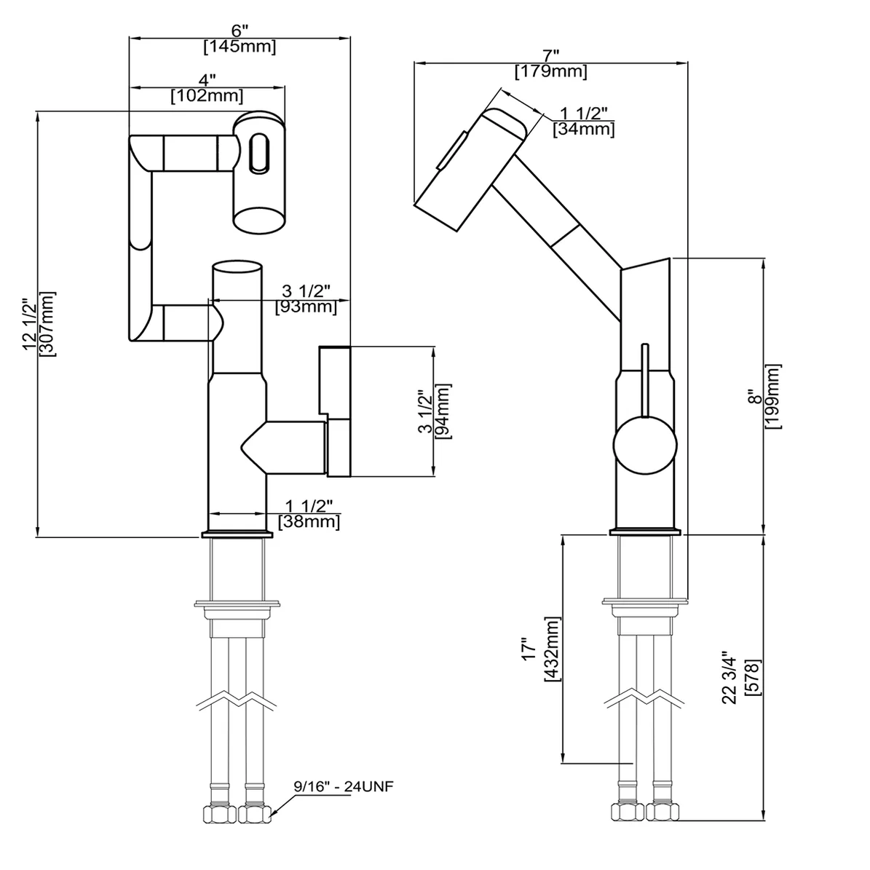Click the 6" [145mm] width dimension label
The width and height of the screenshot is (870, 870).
click(240, 41)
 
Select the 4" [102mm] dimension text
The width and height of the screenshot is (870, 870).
click(207, 88)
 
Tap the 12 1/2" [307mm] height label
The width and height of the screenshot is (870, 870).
click(39, 324)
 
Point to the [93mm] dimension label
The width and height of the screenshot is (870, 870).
click(307, 307)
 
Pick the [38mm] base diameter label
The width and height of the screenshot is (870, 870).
click(309, 521)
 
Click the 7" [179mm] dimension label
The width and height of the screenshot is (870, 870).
click(550, 65)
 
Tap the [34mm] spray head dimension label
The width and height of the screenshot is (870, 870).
click(583, 130)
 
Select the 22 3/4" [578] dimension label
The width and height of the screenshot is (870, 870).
click(741, 677)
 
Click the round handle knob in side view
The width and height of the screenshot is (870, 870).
click(644, 446)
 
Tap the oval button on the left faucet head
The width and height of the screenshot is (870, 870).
click(258, 152)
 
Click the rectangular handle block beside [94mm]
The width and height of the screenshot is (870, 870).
click(334, 379)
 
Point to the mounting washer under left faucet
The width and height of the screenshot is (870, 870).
click(237, 604)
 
